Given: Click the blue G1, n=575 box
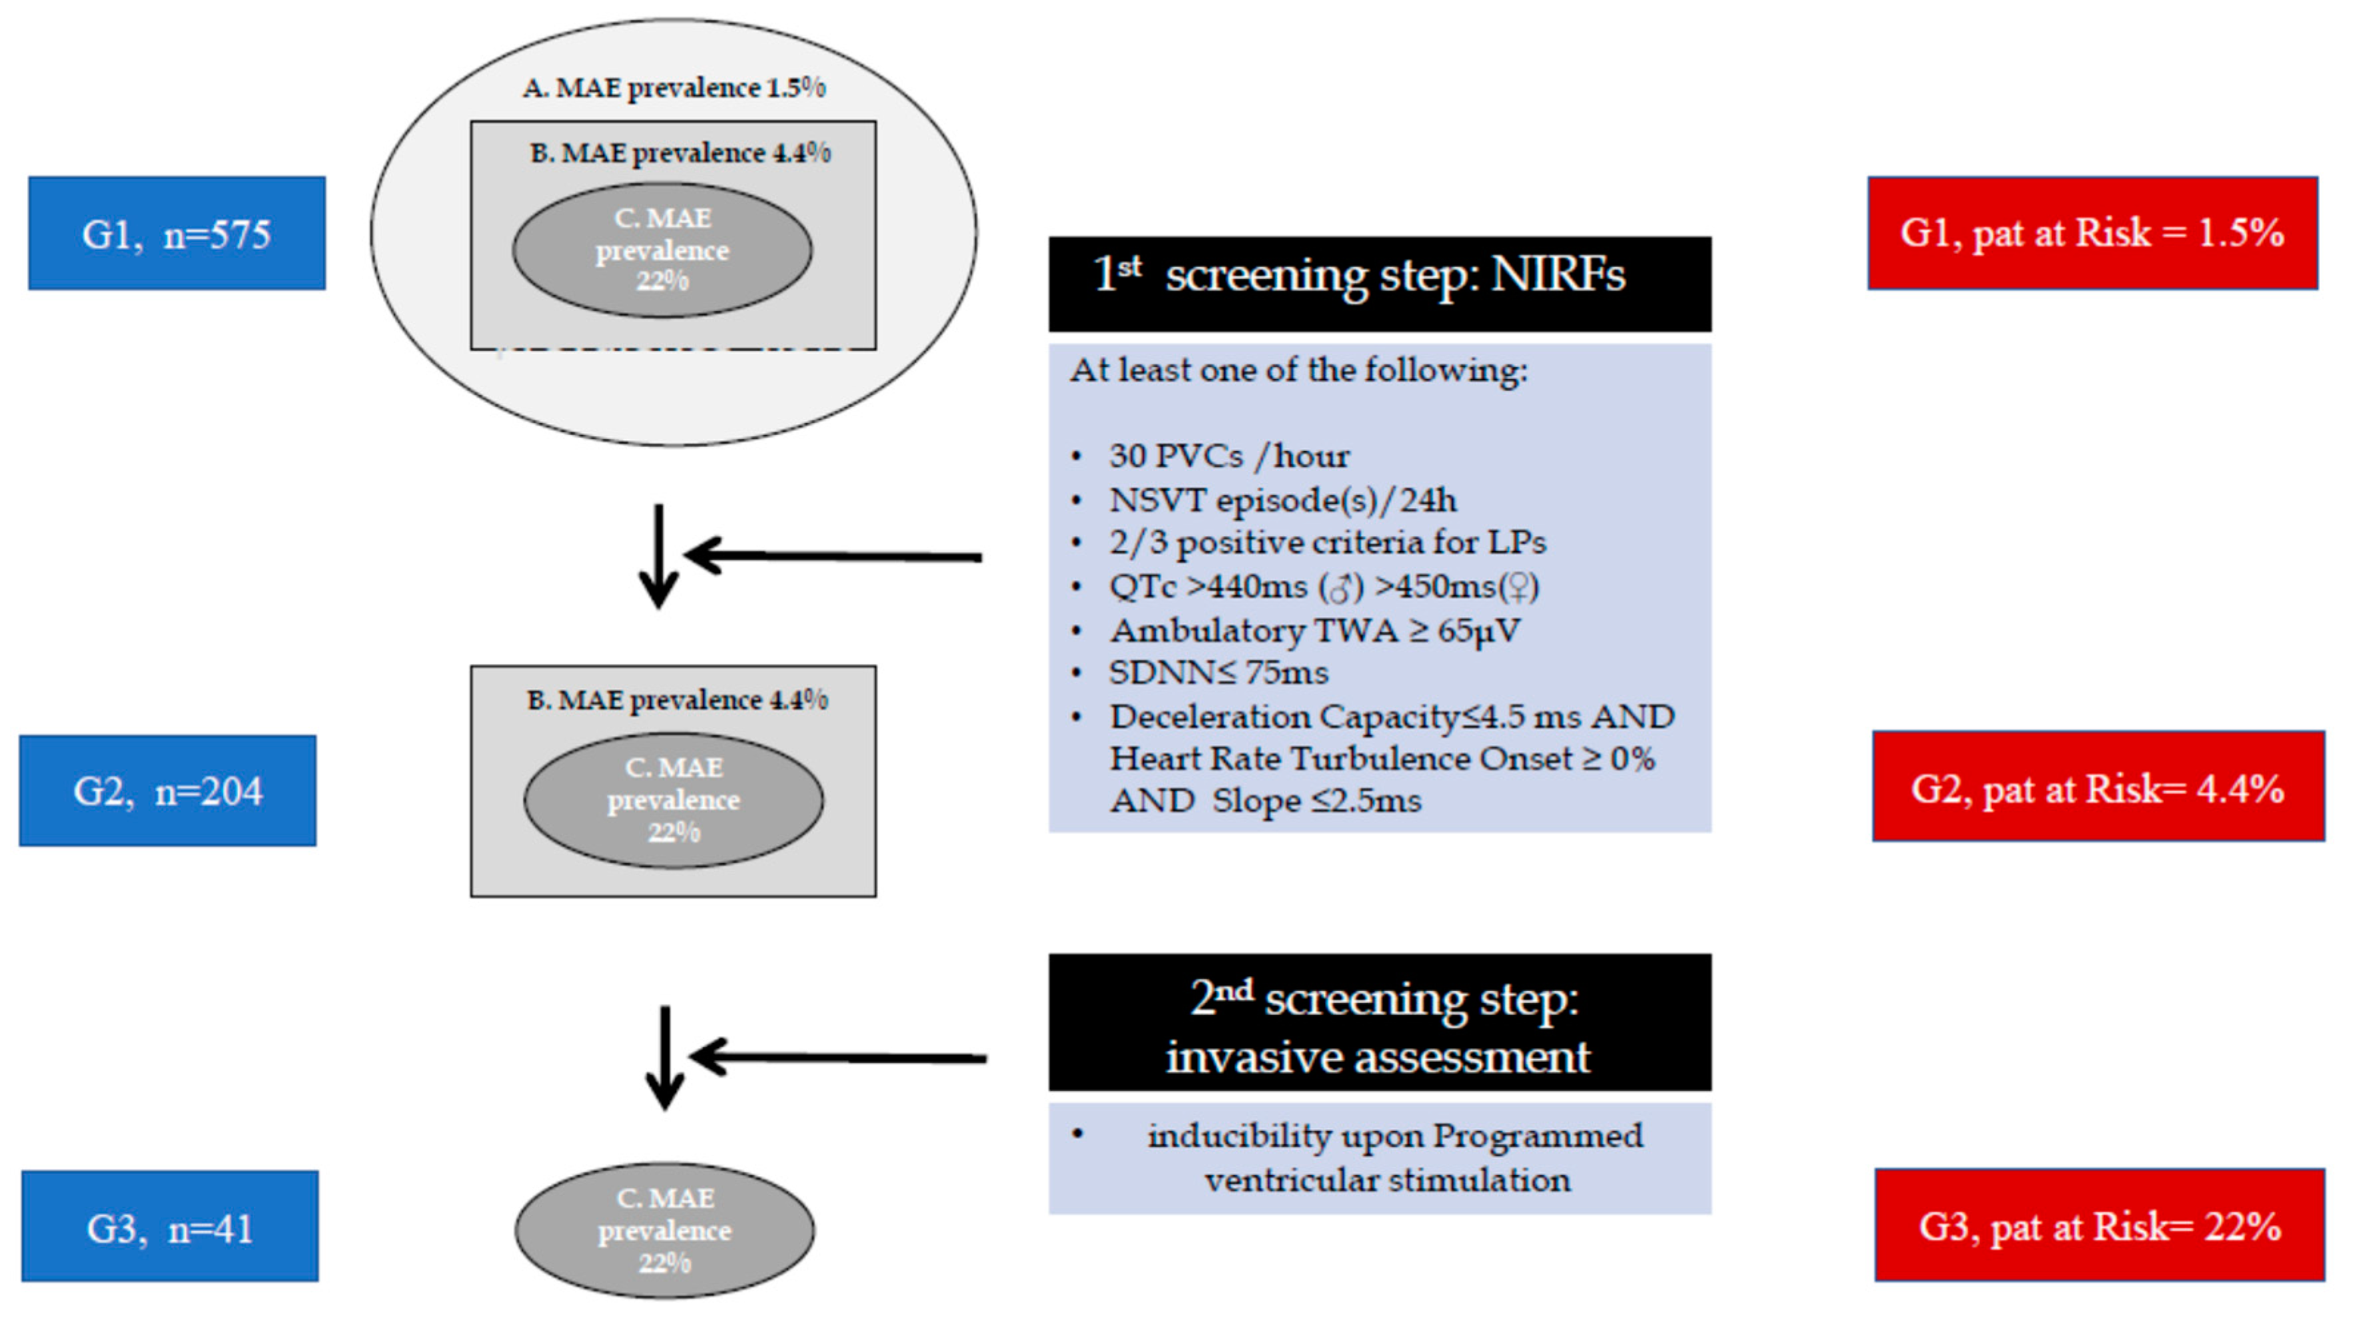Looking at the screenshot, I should pyautogui.click(x=177, y=234).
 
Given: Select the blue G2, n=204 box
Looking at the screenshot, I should pyautogui.click(x=167, y=791).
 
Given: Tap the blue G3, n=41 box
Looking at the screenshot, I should pyautogui.click(x=170, y=1227).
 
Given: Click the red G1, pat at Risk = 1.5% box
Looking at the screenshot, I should pyautogui.click(x=2092, y=233).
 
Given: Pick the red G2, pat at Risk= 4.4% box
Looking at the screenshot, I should pyautogui.click(x=2097, y=787).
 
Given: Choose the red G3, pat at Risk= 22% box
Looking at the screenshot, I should pyautogui.click(x=2099, y=1225).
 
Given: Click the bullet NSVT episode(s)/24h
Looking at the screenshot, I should pyautogui.click(x=1282, y=500).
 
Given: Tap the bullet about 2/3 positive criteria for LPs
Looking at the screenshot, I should pyautogui.click(x=1326, y=543).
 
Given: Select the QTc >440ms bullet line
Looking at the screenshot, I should pyautogui.click(x=1324, y=586).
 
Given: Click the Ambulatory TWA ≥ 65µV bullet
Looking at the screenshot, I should pyautogui.click(x=1314, y=631).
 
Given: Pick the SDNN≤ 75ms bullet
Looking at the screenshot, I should pyautogui.click(x=1218, y=673).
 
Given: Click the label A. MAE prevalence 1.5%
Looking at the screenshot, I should pyautogui.click(x=674, y=88).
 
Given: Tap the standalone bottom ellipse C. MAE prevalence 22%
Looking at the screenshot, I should pyautogui.click(x=665, y=1230).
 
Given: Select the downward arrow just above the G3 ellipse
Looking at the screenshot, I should pyautogui.click(x=665, y=1058).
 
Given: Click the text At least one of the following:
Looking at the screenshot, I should pyautogui.click(x=1298, y=370).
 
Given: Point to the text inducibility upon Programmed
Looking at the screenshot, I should pyautogui.click(x=1394, y=1136).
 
